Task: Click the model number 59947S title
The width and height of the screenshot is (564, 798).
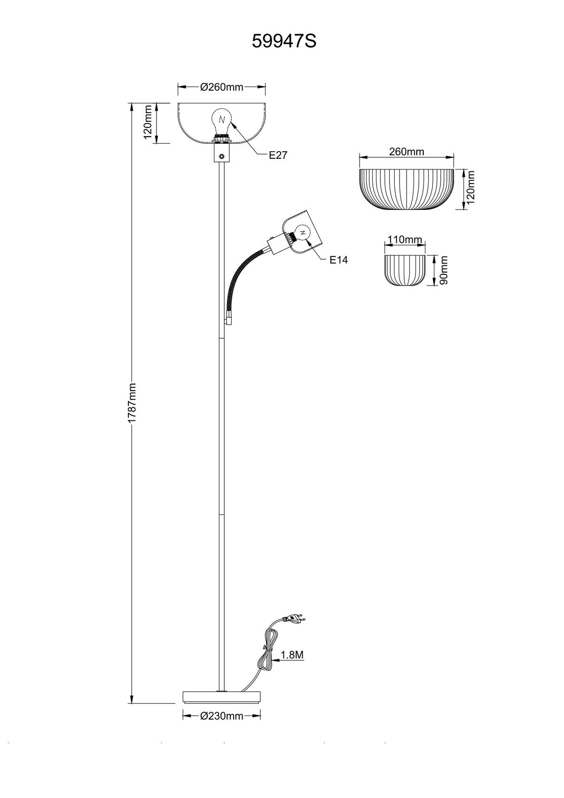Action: coord(284,41)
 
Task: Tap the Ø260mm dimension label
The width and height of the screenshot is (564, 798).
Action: coord(222,86)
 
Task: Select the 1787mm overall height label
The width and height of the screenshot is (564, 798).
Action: coord(132,403)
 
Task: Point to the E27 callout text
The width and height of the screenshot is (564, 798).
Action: coord(278,155)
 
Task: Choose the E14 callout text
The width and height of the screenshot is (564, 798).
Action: coord(338,260)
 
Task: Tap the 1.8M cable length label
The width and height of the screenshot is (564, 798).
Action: coord(292,655)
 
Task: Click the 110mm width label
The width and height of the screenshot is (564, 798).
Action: coord(405,240)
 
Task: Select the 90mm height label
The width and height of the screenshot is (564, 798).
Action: coord(444,270)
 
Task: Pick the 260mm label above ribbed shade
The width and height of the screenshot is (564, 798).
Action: coord(407,152)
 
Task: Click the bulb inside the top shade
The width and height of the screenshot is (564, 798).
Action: coord(222,123)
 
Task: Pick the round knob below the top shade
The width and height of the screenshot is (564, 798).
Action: coord(222,156)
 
